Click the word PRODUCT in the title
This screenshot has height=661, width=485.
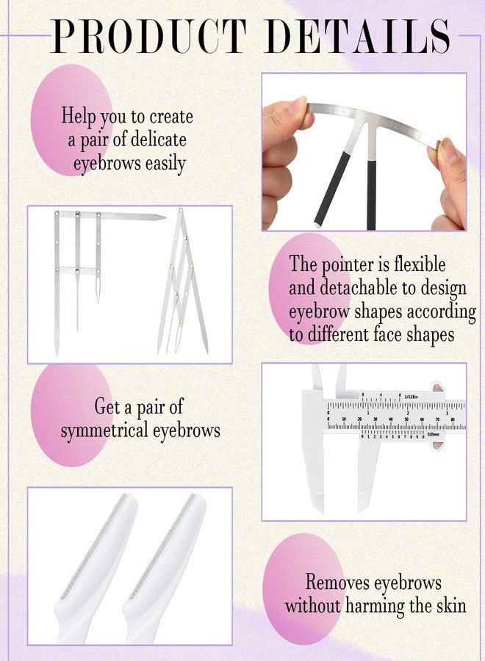coord(149,36)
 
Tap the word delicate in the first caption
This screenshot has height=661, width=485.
coord(158,139)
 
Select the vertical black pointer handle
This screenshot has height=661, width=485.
coord(371,195)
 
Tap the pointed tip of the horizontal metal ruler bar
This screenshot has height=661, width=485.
coord(165,217)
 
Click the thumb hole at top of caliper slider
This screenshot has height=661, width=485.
coord(439,387)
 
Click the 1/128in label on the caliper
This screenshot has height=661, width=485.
coord(411,397)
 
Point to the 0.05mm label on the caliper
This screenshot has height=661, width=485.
coord(433,434)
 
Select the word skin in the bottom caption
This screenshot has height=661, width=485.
coord(451,606)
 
